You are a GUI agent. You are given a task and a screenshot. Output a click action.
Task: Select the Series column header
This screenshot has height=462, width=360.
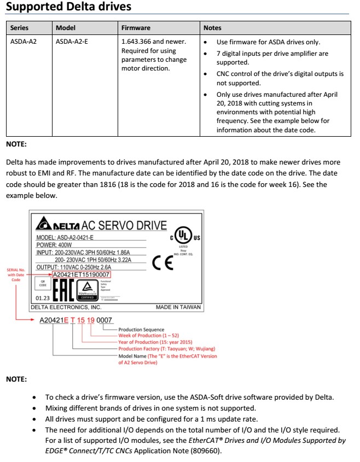(x=20, y=28)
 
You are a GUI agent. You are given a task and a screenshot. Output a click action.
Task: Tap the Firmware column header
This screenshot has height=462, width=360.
(x=136, y=28)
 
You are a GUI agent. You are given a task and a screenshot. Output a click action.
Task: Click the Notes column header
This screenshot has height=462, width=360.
(x=212, y=28)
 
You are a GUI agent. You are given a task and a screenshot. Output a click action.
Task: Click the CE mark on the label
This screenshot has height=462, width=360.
(x=163, y=263)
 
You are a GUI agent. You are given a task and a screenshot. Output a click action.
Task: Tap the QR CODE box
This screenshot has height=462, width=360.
(x=40, y=283)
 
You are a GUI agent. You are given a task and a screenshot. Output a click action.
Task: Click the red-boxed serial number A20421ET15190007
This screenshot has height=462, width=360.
(x=81, y=274)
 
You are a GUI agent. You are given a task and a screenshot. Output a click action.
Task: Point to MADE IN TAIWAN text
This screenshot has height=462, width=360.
(x=178, y=307)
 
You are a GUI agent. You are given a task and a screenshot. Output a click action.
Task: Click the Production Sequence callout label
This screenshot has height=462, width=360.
(x=141, y=330)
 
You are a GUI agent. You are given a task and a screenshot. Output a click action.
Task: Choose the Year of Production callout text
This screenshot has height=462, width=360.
(x=155, y=342)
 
